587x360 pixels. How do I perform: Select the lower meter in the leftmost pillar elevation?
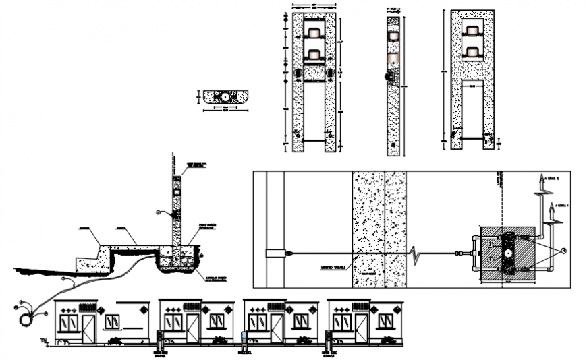click(313, 53)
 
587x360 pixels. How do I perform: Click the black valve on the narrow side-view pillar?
click(388, 77)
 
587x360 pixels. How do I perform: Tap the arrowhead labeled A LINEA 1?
click(551, 208)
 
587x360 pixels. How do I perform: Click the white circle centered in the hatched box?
click(506, 255)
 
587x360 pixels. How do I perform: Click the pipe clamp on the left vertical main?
click(275, 254)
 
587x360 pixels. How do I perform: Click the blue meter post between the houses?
click(244, 336)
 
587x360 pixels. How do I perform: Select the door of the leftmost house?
click(88, 328)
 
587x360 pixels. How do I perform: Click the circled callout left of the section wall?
click(159, 213)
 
